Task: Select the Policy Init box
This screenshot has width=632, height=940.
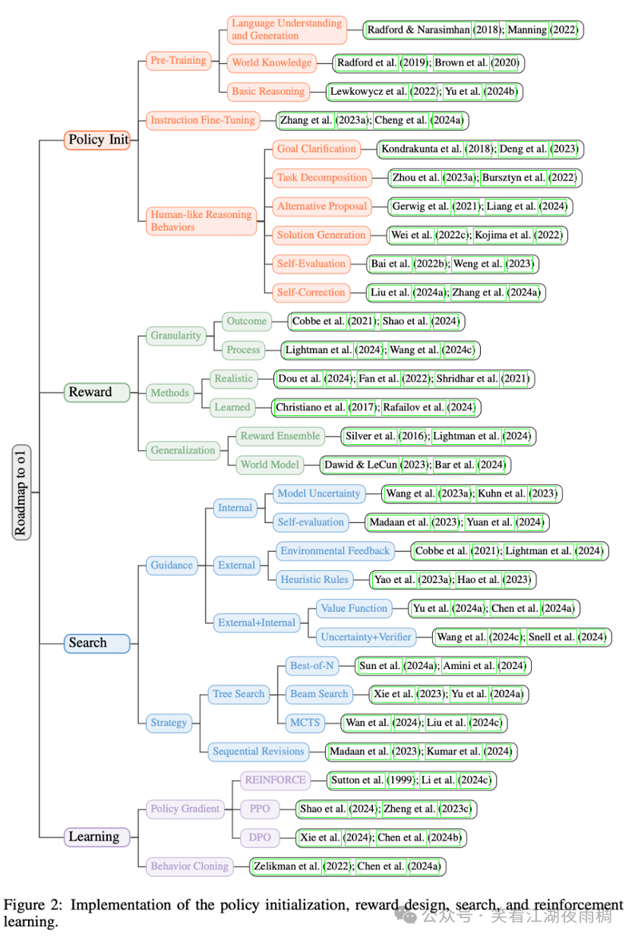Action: (98, 140)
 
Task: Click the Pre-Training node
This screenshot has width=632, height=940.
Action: (178, 61)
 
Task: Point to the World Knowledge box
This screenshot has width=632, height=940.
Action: (272, 62)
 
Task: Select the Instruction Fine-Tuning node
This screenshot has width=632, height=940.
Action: (202, 120)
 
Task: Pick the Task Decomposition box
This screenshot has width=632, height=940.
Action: (322, 178)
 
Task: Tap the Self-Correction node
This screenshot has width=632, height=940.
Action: (311, 292)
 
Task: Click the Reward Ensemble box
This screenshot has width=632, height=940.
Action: (280, 436)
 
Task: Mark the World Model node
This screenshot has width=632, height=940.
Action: (270, 465)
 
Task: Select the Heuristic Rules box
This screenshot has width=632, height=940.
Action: (314, 579)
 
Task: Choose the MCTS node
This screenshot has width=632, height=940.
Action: (305, 722)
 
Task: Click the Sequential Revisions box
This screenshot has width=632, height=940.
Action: (258, 752)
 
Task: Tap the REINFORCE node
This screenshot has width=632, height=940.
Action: (275, 780)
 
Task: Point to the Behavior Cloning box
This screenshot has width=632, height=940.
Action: (189, 866)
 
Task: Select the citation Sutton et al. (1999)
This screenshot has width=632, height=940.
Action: (372, 780)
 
